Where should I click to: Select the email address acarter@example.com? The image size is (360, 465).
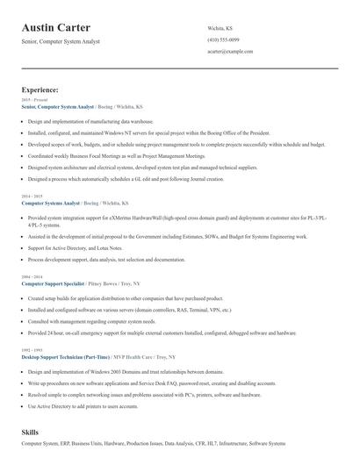pos(230,52)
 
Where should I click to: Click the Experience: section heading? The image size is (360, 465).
pos(40,89)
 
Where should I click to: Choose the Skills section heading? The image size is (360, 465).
pos(30,433)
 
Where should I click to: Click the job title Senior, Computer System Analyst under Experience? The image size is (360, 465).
pos(57,106)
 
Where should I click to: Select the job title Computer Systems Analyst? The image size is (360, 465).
pos(50,202)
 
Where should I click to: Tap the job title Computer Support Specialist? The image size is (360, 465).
pos(53,284)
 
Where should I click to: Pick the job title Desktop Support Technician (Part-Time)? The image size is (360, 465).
pos(66,357)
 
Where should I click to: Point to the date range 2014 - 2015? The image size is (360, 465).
pos(31,196)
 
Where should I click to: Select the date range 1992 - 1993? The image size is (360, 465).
pos(31,351)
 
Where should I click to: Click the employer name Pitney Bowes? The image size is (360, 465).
pos(103,284)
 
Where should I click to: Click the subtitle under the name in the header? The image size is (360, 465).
pos(61,41)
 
